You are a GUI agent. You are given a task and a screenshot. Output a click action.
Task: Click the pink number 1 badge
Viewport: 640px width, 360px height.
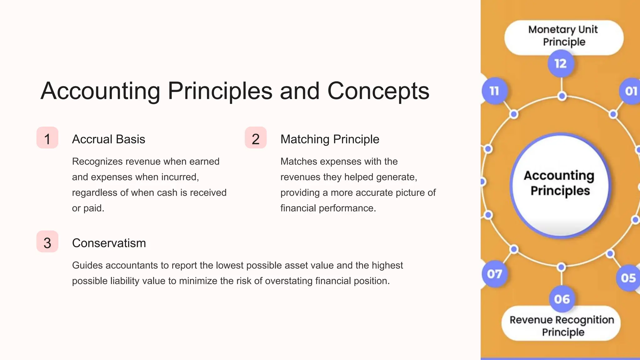(x=47, y=138)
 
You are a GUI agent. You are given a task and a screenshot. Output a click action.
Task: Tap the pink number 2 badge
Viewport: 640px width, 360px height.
(x=256, y=138)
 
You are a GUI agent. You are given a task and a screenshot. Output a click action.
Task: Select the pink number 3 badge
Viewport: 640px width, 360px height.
(x=47, y=242)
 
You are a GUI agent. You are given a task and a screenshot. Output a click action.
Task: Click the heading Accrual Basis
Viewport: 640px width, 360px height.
(x=108, y=139)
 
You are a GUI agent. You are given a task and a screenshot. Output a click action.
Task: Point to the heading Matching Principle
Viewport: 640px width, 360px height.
(x=330, y=139)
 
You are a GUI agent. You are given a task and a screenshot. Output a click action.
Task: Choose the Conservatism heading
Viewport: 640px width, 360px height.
(x=109, y=243)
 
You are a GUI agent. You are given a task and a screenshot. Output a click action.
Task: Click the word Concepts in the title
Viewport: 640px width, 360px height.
(x=378, y=91)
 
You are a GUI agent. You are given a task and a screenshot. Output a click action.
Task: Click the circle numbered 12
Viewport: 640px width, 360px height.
(x=561, y=64)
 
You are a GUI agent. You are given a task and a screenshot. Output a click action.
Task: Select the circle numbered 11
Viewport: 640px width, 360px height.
(x=494, y=91)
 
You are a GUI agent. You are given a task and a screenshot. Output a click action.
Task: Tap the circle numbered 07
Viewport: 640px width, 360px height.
(x=494, y=274)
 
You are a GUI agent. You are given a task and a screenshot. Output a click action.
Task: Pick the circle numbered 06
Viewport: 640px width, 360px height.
(x=562, y=299)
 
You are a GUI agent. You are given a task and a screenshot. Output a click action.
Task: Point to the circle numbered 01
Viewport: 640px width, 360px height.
(x=630, y=91)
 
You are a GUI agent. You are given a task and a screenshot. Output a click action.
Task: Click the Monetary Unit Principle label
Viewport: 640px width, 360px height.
(x=563, y=36)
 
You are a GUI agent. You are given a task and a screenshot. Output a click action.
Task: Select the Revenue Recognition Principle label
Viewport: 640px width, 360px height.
(x=562, y=326)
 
